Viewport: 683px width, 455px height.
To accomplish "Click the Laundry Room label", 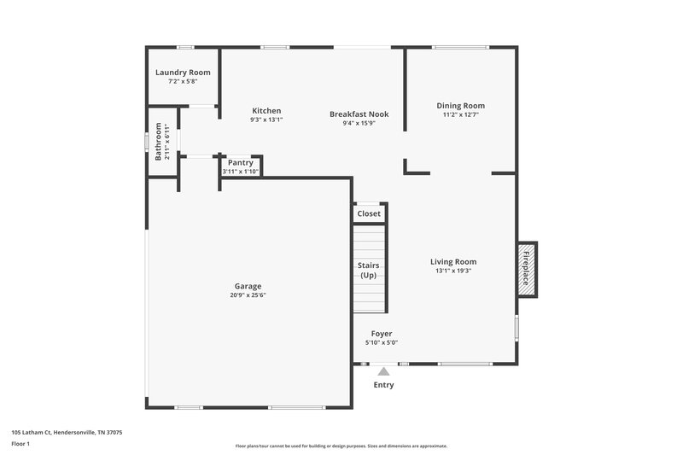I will (x=183, y=73).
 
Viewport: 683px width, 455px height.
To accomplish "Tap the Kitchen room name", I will (x=266, y=111).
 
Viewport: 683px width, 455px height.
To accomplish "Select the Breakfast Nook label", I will (x=359, y=114).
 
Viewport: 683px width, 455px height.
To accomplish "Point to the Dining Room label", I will (x=460, y=106).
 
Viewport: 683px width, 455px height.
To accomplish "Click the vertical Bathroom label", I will (x=159, y=144).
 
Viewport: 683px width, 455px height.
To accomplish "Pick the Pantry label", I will (x=240, y=162).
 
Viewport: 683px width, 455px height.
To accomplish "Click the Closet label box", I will (x=369, y=213).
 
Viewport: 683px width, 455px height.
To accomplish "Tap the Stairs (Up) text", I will (x=369, y=271).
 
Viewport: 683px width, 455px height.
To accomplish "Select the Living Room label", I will (x=452, y=262).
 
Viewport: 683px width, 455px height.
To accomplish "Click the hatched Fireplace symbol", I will (x=527, y=268).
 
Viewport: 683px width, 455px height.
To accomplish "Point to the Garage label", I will (x=248, y=286).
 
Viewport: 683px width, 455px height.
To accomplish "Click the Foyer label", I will (x=382, y=334).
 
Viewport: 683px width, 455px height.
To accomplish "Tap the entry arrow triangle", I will (x=383, y=371).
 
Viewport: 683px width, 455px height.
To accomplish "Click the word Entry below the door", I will (x=383, y=385).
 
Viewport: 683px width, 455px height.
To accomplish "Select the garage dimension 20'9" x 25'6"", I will (x=248, y=295).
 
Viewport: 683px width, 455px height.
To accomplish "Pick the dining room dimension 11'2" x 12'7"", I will (x=460, y=114).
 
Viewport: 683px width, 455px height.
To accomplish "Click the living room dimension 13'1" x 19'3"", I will (x=452, y=271).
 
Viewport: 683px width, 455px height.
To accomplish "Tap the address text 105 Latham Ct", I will (x=67, y=433).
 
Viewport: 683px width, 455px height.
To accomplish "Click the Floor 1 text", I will (x=20, y=444).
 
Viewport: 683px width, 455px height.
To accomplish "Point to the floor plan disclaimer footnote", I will (x=341, y=446).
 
